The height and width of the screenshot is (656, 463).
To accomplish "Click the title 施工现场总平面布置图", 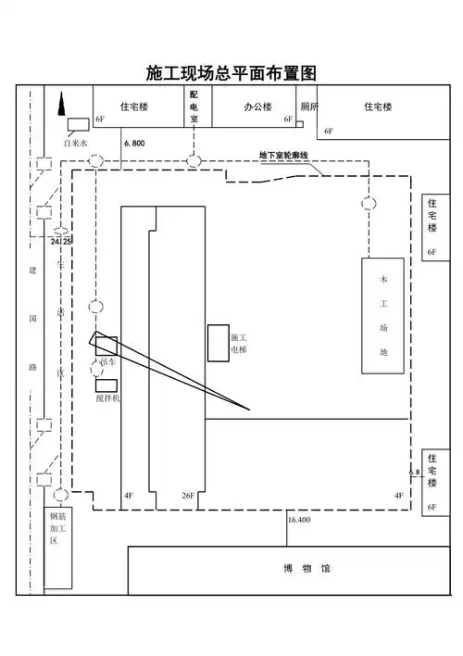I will coord(231,73).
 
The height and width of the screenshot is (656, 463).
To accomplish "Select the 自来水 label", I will coord(74,144).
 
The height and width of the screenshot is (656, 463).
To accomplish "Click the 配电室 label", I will coord(194,107).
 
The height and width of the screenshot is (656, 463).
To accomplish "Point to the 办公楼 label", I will coord(257,107).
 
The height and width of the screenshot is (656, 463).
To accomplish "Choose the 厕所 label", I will coord(308,107).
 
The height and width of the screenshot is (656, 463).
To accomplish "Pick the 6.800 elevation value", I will coord(133,144).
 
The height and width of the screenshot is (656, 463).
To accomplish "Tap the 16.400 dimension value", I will coord(299,521).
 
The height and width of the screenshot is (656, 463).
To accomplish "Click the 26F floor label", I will coord(187,497).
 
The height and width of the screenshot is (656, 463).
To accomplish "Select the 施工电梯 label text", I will coord(238,344).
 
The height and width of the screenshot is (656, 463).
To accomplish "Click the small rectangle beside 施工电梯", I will coord(218,343).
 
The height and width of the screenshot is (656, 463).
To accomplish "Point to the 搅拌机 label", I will coord(107,397).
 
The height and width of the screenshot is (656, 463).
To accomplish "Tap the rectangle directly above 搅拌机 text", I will coord(105,384).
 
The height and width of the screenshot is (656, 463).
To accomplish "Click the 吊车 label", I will coord(107,362).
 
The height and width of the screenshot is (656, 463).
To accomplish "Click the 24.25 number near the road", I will coord(61,240).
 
